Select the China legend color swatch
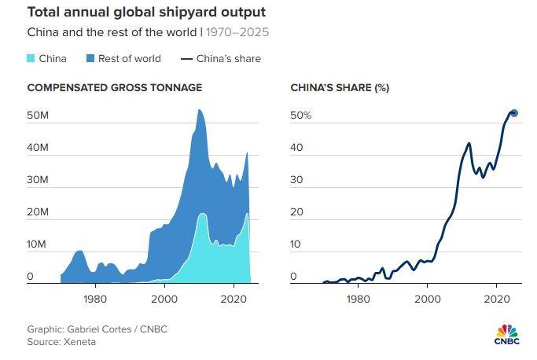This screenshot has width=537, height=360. tap(32, 58)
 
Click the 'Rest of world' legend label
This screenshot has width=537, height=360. tap(129, 58)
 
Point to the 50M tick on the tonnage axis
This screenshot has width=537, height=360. tap(38, 116)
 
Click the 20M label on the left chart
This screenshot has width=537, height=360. tap(38, 212)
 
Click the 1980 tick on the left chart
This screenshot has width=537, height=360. tap(95, 299)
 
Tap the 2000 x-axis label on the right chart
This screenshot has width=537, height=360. tap(428, 299)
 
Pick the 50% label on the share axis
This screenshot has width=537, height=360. tap(301, 116)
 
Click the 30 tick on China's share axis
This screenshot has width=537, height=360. tap(296, 180)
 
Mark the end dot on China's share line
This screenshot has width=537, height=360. tap(513, 113)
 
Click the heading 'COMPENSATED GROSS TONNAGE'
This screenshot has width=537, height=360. tap(115, 87)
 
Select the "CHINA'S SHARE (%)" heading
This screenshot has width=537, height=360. tap(340, 87)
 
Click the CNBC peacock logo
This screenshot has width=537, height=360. tap(507, 329)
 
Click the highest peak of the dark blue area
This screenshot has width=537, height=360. tap(200, 110)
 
